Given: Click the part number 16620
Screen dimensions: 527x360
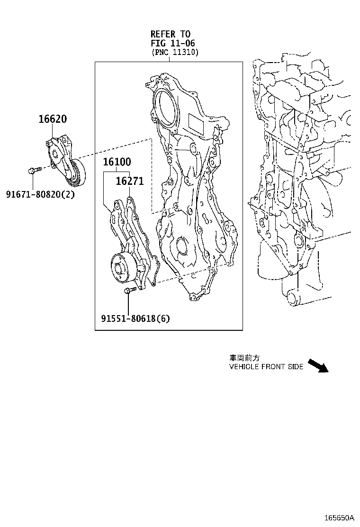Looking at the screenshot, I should (52, 119).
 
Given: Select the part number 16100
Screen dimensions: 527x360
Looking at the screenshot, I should (117, 162).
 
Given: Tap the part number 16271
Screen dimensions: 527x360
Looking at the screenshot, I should (130, 182).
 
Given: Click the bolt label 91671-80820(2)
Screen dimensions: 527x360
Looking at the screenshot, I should (40, 194).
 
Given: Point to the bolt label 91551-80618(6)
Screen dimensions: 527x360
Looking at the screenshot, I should (135, 318).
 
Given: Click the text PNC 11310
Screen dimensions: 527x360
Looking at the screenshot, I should (175, 52).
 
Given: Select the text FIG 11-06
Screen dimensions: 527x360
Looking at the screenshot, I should (171, 43).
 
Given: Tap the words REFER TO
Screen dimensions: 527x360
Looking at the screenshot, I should (171, 34).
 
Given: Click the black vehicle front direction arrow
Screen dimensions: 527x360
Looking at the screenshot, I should (318, 366).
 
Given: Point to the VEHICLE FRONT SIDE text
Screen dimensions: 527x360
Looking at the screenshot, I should (266, 367).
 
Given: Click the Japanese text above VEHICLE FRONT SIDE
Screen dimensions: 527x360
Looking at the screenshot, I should (244, 358).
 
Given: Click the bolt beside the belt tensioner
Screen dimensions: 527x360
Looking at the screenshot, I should (35, 170).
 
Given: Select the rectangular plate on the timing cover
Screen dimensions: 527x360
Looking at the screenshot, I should (198, 125).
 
